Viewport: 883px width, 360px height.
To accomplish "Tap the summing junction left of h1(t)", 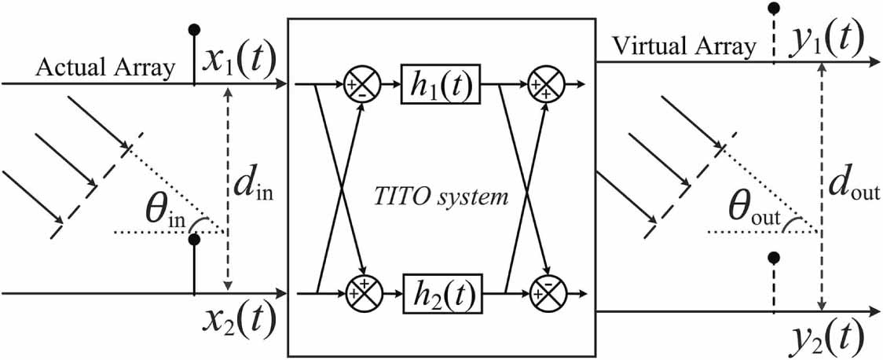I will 361,82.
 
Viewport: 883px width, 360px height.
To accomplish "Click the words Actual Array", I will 105,69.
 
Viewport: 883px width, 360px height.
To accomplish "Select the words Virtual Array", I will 677,46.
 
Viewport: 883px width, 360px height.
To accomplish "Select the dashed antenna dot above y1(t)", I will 774,9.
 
